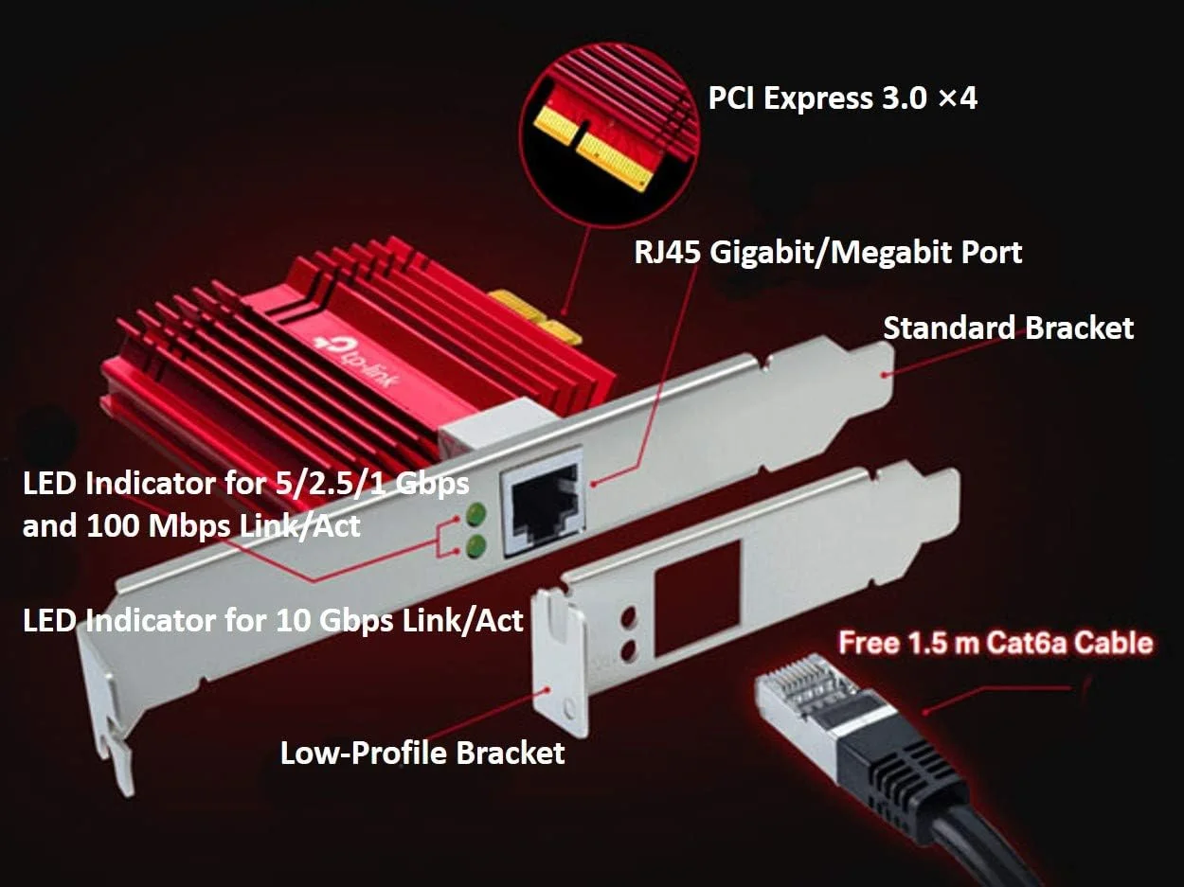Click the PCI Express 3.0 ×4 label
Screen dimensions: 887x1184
tap(842, 98)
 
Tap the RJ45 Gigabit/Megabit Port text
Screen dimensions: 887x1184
tap(828, 253)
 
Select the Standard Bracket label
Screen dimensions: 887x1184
tap(1008, 328)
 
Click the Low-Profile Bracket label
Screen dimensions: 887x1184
tap(422, 754)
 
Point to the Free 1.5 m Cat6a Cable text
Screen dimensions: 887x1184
tap(996, 644)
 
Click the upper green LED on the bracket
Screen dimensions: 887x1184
tap(475, 514)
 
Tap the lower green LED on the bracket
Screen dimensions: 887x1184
tap(475, 545)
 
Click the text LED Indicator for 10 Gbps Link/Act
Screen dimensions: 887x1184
tap(273, 621)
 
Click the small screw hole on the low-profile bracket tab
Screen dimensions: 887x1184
tap(567, 706)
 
